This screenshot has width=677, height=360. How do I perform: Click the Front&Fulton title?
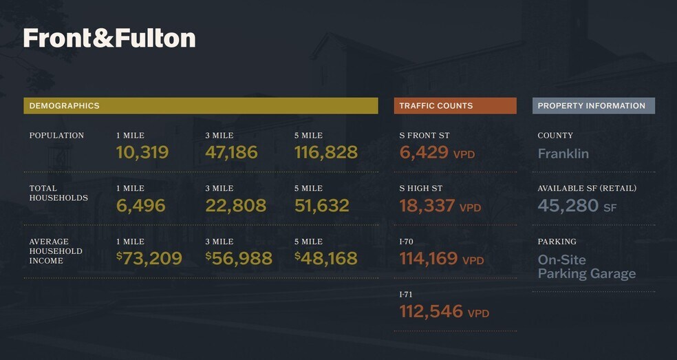(109, 39)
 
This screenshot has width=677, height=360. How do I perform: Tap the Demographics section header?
(64, 106)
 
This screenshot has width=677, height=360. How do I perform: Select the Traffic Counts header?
(436, 106)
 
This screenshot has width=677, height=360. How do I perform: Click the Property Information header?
(591, 106)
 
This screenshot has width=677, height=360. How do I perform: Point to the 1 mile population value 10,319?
(142, 152)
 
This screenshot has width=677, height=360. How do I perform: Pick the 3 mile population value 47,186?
(231, 152)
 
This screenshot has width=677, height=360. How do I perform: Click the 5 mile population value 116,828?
(326, 152)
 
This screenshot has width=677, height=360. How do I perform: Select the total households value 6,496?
(141, 205)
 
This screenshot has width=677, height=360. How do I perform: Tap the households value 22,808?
(235, 205)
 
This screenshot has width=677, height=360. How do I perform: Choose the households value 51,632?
(322, 205)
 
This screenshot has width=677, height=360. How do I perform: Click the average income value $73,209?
(149, 258)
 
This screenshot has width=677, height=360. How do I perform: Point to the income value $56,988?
(239, 258)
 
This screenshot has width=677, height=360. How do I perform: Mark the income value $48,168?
(326, 258)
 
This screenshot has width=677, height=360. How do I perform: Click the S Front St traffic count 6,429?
(424, 152)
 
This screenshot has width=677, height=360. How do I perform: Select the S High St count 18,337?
(427, 205)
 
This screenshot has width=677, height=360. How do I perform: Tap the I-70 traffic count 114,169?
(429, 258)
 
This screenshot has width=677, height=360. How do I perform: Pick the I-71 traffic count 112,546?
(431, 311)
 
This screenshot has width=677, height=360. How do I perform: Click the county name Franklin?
(563, 153)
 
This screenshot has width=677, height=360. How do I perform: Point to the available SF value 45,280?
(568, 205)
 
